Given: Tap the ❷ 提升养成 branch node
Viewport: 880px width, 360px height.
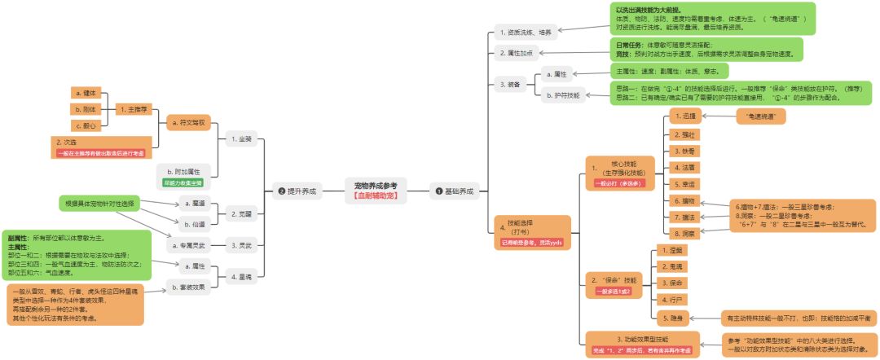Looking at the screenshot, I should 294,191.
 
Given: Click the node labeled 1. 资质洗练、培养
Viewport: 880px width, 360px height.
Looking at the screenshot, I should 524,33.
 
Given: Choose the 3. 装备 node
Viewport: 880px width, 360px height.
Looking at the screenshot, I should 509,85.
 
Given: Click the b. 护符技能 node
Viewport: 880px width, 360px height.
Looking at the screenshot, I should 567,95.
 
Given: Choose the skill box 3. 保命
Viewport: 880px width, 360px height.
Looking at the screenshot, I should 673,283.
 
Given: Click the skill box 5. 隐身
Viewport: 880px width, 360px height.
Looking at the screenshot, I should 673,317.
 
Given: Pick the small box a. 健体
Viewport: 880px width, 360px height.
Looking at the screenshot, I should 86,93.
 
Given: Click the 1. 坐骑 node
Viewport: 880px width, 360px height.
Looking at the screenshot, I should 242,139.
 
